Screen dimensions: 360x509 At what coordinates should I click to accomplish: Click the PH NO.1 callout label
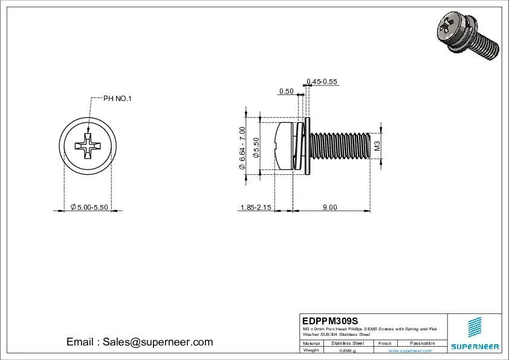(117, 99)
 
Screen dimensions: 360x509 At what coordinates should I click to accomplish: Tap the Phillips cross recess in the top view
(88, 147)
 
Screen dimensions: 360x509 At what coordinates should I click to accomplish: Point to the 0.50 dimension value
(286, 91)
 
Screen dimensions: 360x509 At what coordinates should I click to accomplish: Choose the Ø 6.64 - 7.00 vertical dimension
(242, 147)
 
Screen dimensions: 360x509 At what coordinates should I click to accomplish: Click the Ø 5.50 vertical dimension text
(256, 148)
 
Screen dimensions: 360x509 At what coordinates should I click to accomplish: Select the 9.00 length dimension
(329, 208)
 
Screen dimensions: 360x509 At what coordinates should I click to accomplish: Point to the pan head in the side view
(284, 146)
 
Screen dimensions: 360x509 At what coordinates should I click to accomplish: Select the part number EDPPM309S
(330, 320)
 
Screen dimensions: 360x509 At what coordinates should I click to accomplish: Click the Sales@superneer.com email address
(158, 342)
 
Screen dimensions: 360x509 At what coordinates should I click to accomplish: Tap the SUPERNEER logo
(475, 336)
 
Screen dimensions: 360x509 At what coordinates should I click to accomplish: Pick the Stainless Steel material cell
(348, 343)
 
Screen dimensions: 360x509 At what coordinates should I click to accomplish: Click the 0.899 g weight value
(348, 350)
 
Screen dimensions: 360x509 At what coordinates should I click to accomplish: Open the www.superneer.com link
(414, 350)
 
